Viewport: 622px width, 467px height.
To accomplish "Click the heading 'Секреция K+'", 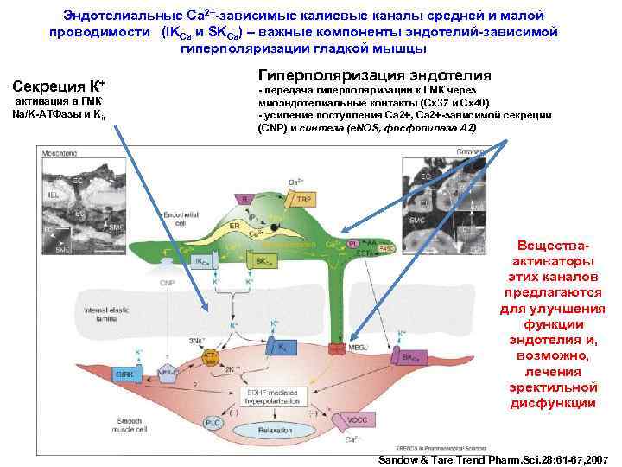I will (x=56, y=86).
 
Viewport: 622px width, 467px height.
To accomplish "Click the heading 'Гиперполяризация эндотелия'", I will (x=375, y=75).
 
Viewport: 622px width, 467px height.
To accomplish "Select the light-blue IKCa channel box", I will (x=202, y=261).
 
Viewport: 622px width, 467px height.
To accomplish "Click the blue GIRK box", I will (x=126, y=374).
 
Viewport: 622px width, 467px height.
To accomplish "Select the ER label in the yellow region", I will (x=234, y=226).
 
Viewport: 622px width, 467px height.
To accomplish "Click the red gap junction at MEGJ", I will (x=337, y=349).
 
